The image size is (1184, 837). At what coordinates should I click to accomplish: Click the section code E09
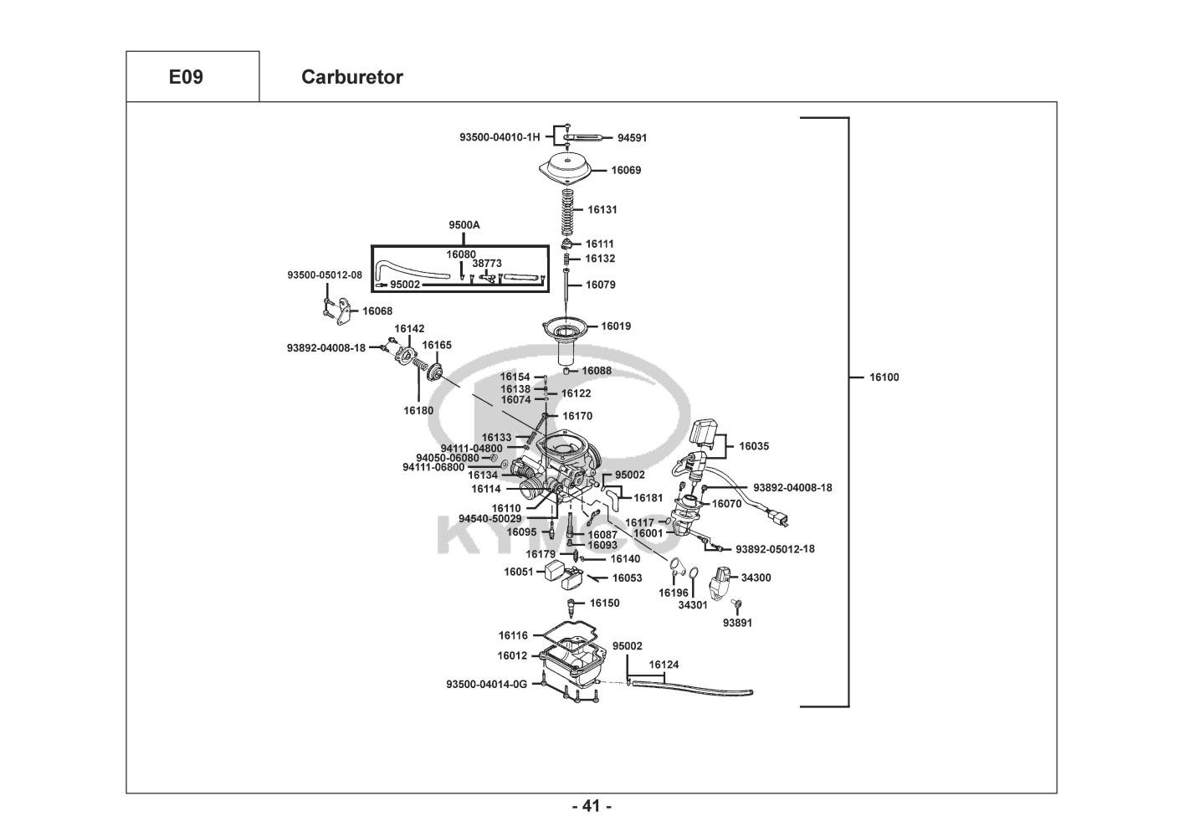(186, 77)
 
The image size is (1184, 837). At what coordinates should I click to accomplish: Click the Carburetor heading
(351, 77)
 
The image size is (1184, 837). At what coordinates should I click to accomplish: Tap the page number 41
(592, 806)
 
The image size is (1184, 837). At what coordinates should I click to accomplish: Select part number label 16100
(884, 377)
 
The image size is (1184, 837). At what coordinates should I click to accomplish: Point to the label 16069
(626, 171)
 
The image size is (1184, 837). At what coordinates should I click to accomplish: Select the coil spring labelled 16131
(567, 212)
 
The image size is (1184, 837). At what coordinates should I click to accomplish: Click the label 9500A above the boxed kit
(464, 225)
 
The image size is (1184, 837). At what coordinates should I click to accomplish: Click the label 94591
(632, 138)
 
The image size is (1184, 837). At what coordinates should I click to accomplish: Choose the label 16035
(753, 447)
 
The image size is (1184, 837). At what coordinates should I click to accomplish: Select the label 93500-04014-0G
(486, 685)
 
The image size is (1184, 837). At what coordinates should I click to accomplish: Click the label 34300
(756, 578)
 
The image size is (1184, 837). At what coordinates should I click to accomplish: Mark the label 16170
(577, 416)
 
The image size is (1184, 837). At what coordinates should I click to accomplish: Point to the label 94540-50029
(489, 519)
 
